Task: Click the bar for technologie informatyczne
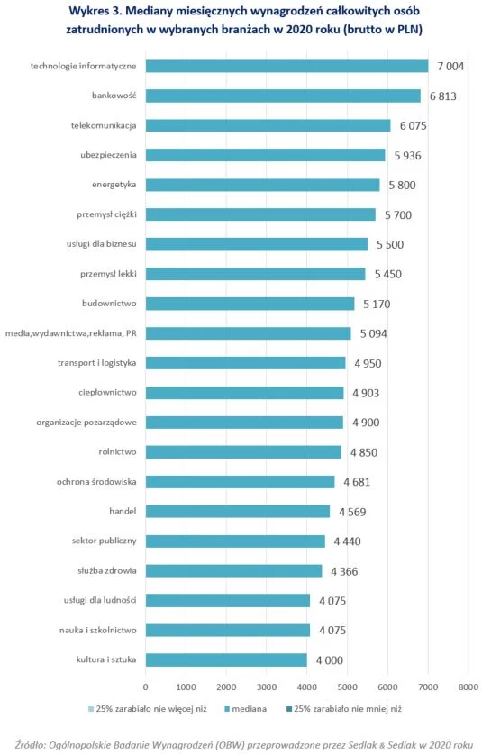[x=287, y=66]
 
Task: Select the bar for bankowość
[x=283, y=96]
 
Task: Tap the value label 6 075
[x=414, y=125]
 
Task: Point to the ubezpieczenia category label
[x=108, y=155]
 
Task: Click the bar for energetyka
[x=262, y=185]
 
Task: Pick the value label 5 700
[x=397, y=214]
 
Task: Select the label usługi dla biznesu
[x=101, y=244]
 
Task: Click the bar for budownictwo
[x=250, y=304]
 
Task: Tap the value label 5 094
[x=374, y=333]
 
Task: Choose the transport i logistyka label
[x=96, y=362]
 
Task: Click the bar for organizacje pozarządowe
[x=245, y=423]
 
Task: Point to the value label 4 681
[x=357, y=481]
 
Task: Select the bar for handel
[x=238, y=512]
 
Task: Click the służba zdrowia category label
[x=107, y=570]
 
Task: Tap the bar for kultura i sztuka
[x=226, y=659]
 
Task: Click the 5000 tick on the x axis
[x=347, y=687]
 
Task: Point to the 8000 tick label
[x=468, y=687]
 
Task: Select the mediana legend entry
[x=246, y=709]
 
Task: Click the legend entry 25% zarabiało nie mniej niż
[x=344, y=709]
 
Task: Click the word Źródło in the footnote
[x=30, y=744]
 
